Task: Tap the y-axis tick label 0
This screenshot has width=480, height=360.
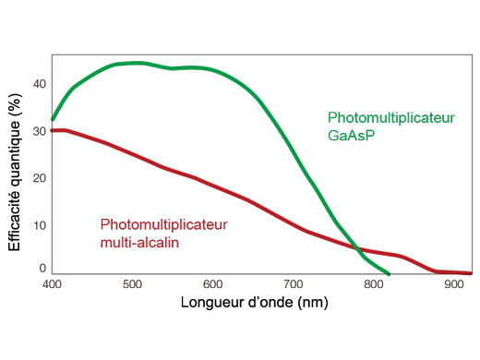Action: click(42, 269)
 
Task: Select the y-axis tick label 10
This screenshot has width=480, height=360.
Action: click(39, 225)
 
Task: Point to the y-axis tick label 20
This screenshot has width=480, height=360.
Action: click(39, 178)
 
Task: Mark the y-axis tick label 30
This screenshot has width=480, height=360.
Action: click(39, 131)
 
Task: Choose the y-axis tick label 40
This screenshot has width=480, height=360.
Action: click(39, 84)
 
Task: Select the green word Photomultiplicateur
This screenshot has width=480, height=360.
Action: click(391, 118)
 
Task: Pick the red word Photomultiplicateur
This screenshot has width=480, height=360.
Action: click(163, 225)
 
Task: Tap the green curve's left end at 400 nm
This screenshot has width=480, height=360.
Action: click(53, 120)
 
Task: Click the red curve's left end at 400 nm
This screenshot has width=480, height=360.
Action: click(53, 130)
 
